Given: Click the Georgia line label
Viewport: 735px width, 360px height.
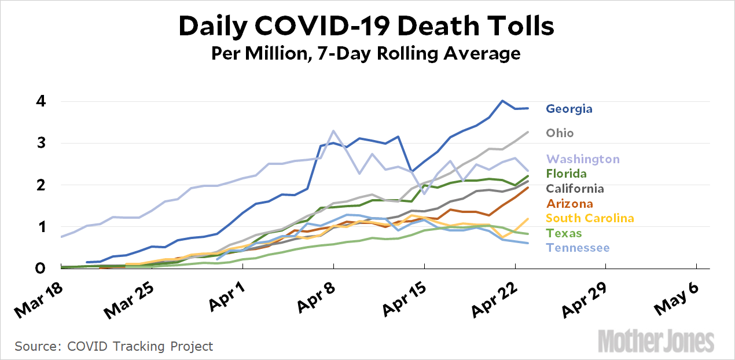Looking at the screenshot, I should (569, 109).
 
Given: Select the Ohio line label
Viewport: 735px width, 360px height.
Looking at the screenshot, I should (560, 133).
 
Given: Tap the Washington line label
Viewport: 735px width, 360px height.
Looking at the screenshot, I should (583, 159).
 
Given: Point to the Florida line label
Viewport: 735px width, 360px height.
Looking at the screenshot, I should (567, 174).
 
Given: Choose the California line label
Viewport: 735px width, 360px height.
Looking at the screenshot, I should (575, 189).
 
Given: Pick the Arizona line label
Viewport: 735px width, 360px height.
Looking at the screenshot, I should (569, 204).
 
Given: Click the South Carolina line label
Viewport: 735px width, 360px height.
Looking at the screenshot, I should (590, 218).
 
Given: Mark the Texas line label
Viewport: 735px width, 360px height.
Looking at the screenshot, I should (564, 233).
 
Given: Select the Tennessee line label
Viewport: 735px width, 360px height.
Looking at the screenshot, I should (578, 248).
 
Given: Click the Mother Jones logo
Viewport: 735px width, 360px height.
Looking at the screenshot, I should (656, 340).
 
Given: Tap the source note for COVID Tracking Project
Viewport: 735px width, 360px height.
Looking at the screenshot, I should (114, 347).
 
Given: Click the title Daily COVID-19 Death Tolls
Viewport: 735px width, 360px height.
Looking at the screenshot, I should (366, 26).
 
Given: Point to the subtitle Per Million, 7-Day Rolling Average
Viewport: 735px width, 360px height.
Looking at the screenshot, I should (366, 54).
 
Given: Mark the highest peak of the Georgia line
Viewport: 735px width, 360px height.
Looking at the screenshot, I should (502, 101).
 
